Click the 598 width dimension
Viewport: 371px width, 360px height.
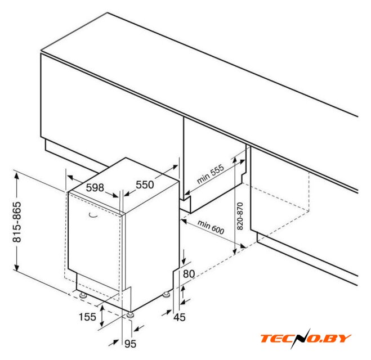point(95,187)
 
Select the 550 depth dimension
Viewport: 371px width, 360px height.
point(145,184)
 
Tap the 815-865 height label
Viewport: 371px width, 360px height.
point(17,222)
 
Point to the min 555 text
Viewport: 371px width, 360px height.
point(211,174)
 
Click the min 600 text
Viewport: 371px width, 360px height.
point(211,227)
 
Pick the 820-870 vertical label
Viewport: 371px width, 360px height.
point(240,216)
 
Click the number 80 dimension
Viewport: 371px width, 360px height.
point(189,274)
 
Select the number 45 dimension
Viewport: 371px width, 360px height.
point(180,317)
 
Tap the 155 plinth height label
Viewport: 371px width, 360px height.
point(87,317)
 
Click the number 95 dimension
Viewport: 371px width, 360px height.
point(131,344)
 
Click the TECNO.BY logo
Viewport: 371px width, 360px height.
point(306,338)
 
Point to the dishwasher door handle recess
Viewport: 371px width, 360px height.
point(93,215)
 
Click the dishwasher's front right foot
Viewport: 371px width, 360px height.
point(131,315)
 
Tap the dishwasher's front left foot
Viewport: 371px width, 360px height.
point(83,295)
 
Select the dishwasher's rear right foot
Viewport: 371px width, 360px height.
point(167,295)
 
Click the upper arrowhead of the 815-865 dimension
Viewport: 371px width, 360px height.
point(16,176)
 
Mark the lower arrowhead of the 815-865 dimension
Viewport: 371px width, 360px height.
point(16,267)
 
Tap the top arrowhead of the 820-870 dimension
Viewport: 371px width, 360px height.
point(234,160)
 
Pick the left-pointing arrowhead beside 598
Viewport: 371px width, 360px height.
point(70,177)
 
